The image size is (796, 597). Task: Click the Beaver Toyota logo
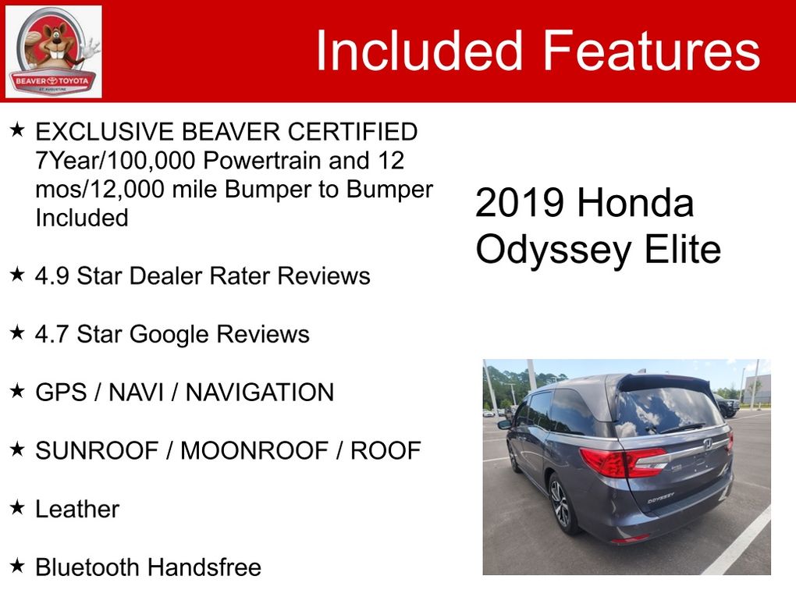[x=53, y=52]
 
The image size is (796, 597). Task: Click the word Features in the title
[x=652, y=50]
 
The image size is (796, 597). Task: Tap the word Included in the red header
[x=419, y=50]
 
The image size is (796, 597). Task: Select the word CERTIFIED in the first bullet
[x=352, y=131]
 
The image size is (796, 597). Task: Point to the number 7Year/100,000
[x=115, y=161]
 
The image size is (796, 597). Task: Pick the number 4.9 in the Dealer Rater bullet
[x=52, y=276]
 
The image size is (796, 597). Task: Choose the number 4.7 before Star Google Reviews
[x=52, y=334]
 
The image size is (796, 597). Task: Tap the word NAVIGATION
[x=260, y=393]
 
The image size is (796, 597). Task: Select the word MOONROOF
[x=254, y=451]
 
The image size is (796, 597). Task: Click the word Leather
[x=77, y=509]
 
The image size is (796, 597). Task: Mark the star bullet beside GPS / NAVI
[x=17, y=390]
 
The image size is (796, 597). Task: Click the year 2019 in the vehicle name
[x=519, y=203]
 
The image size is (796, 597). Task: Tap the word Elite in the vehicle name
[x=682, y=249]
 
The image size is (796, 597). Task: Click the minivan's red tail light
[x=624, y=461]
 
